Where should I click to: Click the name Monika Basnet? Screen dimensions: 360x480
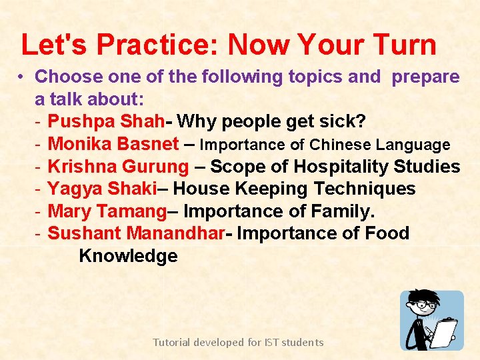click(x=113, y=144)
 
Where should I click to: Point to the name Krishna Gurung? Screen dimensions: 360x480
click(x=119, y=167)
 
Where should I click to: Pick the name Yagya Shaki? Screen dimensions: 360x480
click(x=101, y=189)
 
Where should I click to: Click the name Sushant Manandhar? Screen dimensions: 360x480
click(x=139, y=234)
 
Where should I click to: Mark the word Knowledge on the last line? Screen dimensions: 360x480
click(x=128, y=256)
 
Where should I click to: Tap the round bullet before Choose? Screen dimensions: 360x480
click(x=21, y=77)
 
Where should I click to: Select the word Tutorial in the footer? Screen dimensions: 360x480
click(x=171, y=343)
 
